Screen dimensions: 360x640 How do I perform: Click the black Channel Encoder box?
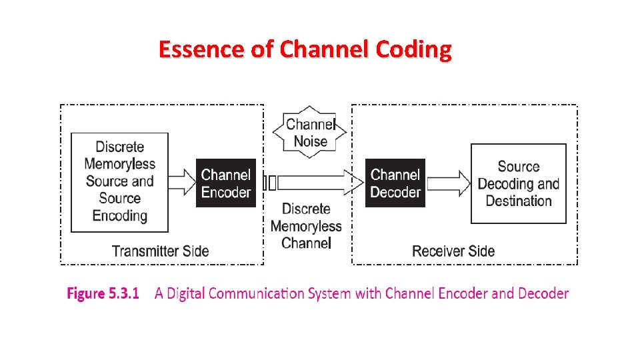point(225,183)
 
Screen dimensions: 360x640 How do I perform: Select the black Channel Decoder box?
point(395,183)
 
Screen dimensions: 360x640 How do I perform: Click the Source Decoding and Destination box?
point(518,183)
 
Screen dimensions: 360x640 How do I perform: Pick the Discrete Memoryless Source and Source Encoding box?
point(119,181)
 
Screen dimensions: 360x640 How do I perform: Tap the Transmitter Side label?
point(160,251)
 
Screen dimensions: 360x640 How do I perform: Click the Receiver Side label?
point(453,251)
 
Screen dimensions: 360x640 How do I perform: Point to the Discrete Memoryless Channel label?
point(306,226)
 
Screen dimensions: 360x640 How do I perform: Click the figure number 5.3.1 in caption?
point(124,293)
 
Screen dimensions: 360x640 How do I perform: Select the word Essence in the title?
point(201,49)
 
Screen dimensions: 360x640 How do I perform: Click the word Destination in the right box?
point(518,201)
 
